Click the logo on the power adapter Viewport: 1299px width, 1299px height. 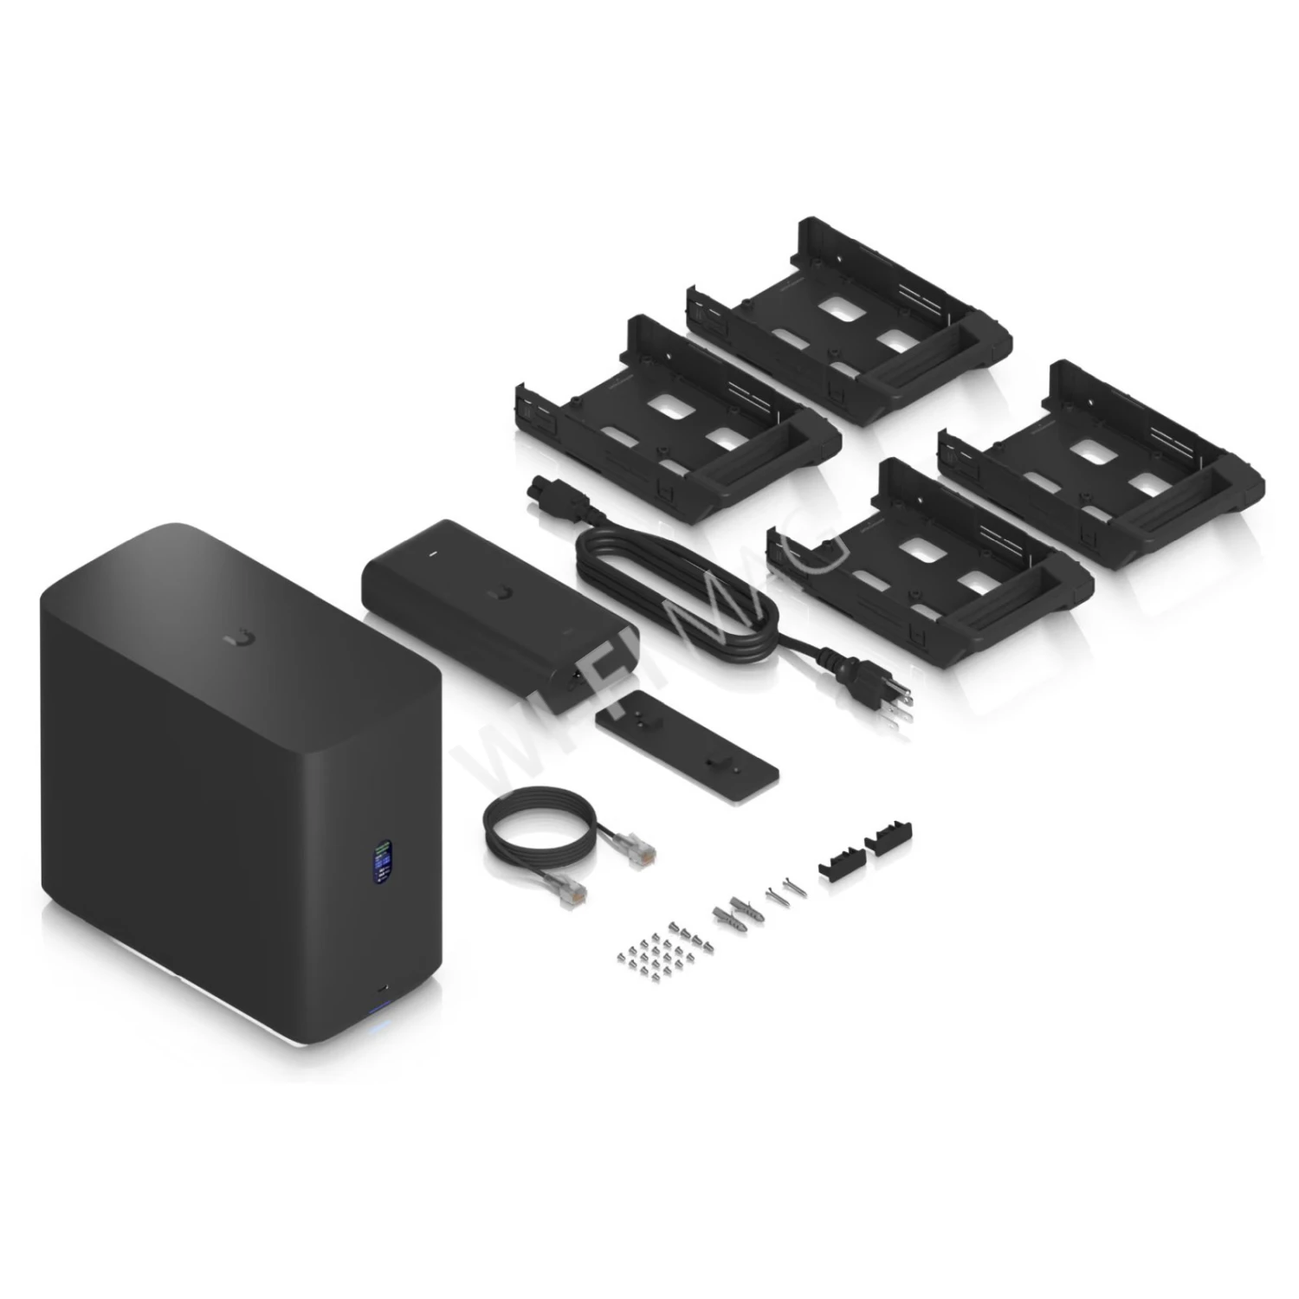point(499,593)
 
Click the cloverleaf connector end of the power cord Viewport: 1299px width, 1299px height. point(540,494)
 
